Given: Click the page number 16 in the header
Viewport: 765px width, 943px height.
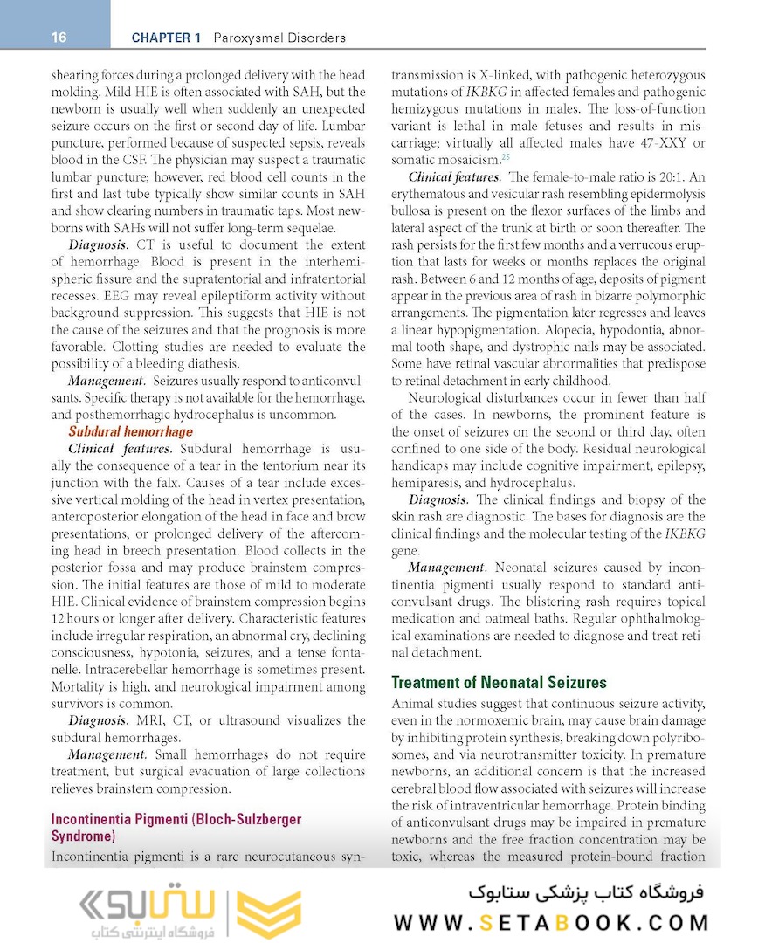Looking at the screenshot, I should pos(59,38).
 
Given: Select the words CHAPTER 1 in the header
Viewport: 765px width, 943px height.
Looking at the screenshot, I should pos(166,38).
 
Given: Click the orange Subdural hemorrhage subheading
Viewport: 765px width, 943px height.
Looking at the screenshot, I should pos(131,431).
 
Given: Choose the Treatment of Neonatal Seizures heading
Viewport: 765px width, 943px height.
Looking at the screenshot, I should pos(499,683).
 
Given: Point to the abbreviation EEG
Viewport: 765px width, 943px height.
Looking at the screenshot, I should pos(85,296).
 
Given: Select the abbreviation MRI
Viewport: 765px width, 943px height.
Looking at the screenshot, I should pos(150,720).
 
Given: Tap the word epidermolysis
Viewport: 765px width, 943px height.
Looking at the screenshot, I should pos(662,194).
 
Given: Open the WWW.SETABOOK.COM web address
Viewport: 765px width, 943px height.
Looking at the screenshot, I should pos(551,922).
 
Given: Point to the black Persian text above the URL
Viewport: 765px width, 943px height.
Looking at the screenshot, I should pos(585,894).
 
